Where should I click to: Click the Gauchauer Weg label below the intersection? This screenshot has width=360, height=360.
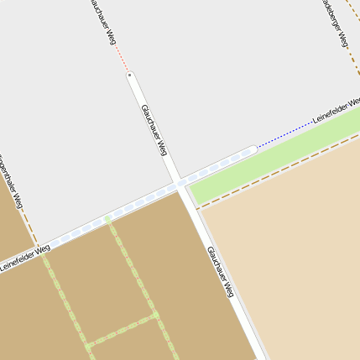point(220,273)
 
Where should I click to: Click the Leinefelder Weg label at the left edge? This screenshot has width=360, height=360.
point(24,257)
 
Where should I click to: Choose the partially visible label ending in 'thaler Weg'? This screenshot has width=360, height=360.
point(11,180)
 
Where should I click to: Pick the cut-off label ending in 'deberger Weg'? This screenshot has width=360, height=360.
point(336,21)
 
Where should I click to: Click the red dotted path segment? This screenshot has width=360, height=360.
point(121,58)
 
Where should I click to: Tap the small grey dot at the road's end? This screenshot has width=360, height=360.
point(130,76)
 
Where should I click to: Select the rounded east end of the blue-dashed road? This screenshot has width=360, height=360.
point(251,150)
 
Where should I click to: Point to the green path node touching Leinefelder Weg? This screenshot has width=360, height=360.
point(107,220)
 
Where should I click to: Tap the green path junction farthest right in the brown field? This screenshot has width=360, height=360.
point(155,316)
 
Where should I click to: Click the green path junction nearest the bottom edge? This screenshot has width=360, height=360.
point(87,345)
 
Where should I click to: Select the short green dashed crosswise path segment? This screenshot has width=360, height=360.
point(122,331)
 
